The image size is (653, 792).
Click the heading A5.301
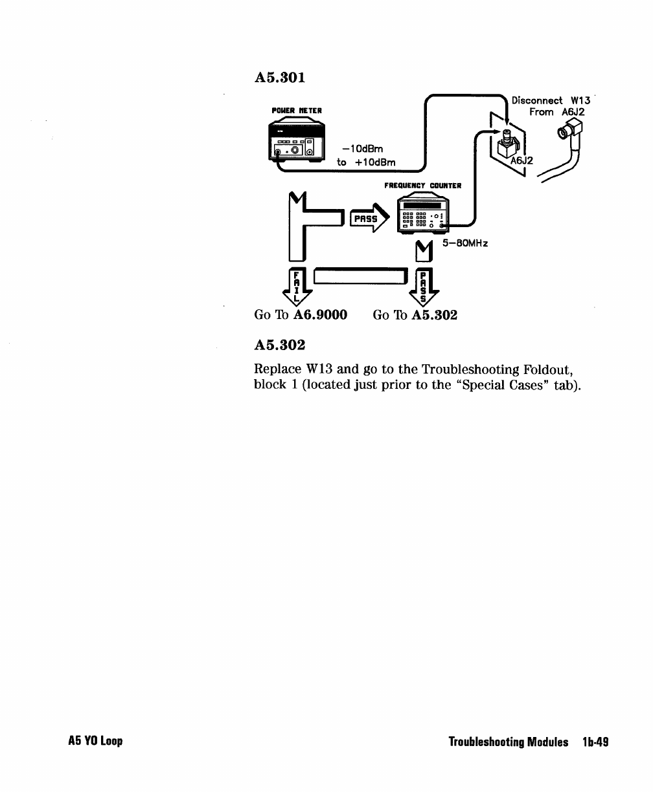click(x=280, y=78)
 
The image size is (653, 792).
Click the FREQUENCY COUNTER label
click(x=422, y=186)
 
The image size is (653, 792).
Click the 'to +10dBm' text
click(x=367, y=162)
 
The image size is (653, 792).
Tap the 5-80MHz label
click(x=465, y=243)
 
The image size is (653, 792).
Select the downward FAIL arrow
click(x=297, y=286)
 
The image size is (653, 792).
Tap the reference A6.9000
click(x=320, y=315)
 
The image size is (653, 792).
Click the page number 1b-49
click(x=594, y=742)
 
